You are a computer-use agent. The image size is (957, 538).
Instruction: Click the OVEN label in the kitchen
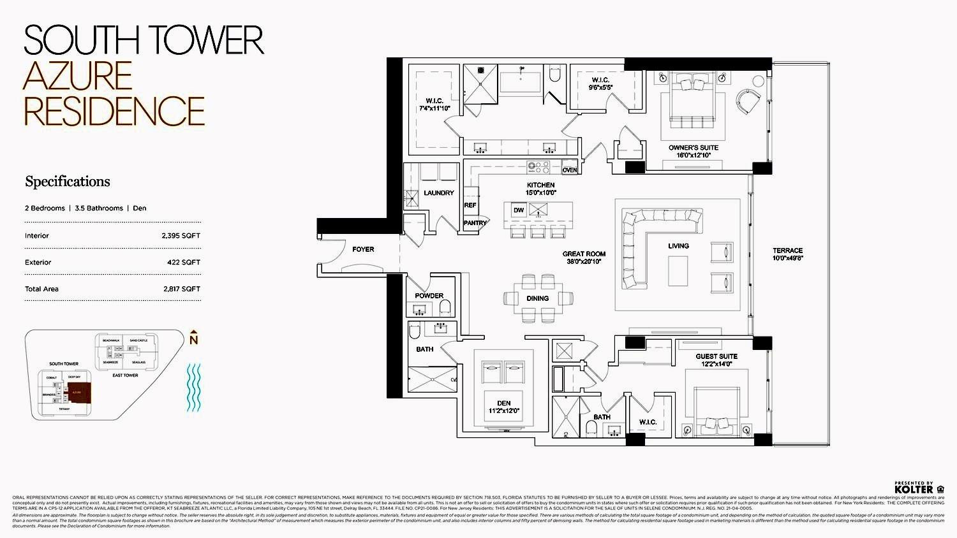tap(569, 170)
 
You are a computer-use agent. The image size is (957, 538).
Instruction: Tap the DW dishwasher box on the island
tap(518, 210)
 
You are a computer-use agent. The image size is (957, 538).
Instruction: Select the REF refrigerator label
tap(470, 205)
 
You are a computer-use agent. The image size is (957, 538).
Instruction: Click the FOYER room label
tap(363, 249)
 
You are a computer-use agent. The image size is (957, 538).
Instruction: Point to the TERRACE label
tap(788, 251)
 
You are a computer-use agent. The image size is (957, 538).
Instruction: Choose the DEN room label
tap(504, 403)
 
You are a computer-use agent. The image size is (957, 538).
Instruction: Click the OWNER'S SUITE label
tap(694, 148)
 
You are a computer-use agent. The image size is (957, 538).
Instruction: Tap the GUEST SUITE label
tap(716, 356)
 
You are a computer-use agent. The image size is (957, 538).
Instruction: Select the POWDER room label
tap(429, 296)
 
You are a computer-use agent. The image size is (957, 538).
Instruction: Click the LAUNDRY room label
tap(439, 193)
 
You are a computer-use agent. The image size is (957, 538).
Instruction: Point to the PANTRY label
tap(475, 223)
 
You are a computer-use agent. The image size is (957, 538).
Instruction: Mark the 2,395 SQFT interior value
tap(181, 236)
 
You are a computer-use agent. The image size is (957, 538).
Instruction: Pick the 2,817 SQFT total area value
tap(181, 289)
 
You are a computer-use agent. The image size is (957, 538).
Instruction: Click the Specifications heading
tap(68, 182)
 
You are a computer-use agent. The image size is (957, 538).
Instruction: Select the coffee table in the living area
tap(678, 271)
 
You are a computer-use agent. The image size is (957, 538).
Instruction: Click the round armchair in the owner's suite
tap(748, 100)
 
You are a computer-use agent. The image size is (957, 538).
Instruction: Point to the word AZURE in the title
tap(78, 76)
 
